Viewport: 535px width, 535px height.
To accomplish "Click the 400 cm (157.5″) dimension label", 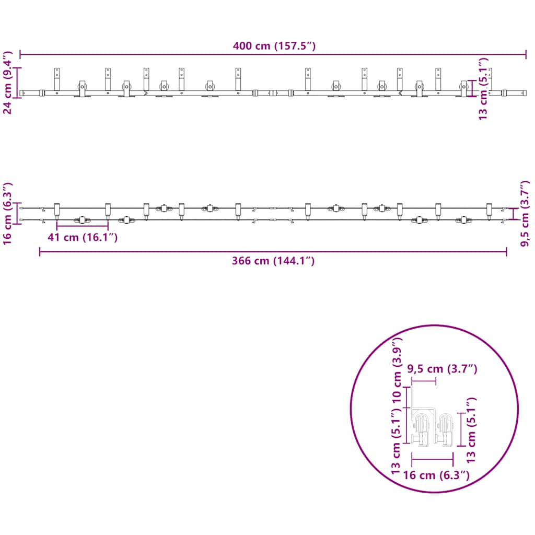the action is tap(274, 46).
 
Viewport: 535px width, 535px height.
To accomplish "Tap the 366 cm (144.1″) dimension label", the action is tap(273, 261).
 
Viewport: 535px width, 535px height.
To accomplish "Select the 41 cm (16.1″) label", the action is tap(83, 237).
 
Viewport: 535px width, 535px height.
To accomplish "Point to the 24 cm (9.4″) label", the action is tap(7, 82).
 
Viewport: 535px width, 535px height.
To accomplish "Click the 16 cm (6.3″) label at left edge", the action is tap(7, 213).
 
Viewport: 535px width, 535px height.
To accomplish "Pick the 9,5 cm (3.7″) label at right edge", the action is tap(525, 213).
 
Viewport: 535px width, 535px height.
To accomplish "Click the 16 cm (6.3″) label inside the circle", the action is tap(436, 475).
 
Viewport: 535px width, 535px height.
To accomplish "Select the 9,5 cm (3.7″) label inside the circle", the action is tap(442, 369).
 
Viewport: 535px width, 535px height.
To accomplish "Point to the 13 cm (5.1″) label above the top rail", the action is tap(483, 89).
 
